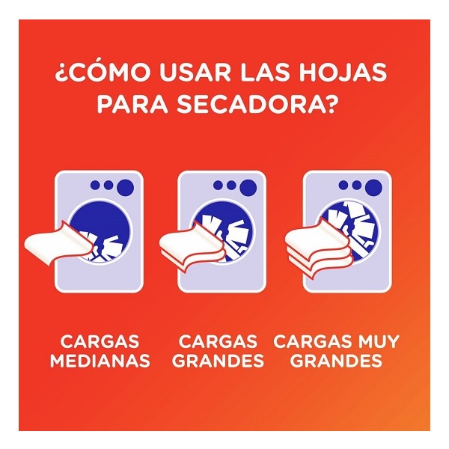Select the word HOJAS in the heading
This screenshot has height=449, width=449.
(x=343, y=73)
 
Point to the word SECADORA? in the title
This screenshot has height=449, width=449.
(x=256, y=104)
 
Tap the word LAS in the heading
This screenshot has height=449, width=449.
(x=265, y=73)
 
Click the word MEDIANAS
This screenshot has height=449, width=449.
(x=100, y=360)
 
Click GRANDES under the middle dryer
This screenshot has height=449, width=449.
(x=218, y=360)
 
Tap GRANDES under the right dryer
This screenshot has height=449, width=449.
(x=337, y=360)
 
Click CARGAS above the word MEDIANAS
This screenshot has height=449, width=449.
(x=100, y=341)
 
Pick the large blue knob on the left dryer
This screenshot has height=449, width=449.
(x=125, y=188)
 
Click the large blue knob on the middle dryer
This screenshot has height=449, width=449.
(x=248, y=188)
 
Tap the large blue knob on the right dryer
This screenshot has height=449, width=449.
(x=373, y=188)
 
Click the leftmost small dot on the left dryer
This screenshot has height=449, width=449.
(x=95, y=185)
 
